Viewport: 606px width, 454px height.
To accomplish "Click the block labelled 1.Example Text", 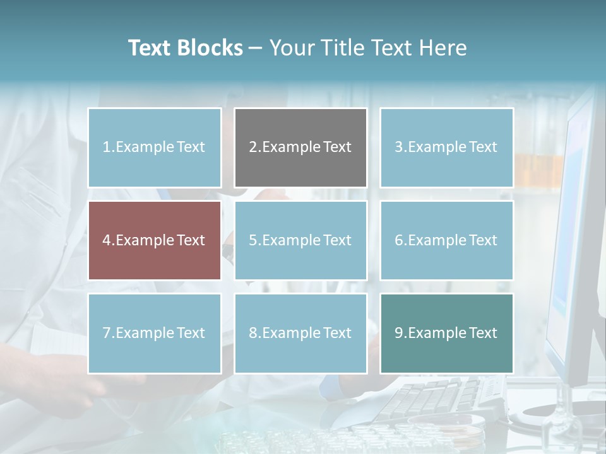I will click(x=155, y=148).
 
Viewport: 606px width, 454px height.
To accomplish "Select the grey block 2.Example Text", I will click(x=300, y=148).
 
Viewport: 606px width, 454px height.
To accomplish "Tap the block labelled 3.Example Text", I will click(x=446, y=148).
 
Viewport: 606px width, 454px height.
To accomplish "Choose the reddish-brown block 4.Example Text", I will click(x=155, y=240).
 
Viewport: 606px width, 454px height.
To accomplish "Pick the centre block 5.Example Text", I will click(x=300, y=240).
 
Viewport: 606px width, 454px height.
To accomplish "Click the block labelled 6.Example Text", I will click(x=446, y=240).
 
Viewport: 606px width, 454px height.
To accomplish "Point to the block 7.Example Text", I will click(x=155, y=333).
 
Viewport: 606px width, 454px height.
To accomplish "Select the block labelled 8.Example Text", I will click(x=300, y=333).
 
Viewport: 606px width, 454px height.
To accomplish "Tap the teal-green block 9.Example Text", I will click(x=446, y=333).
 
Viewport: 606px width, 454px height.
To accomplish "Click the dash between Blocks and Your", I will click(x=256, y=48).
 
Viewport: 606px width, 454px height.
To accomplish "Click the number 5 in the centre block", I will click(x=252, y=240).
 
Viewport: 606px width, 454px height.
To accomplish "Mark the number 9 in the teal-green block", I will click(x=398, y=333).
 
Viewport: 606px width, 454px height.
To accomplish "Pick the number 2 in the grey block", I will click(x=252, y=148).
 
